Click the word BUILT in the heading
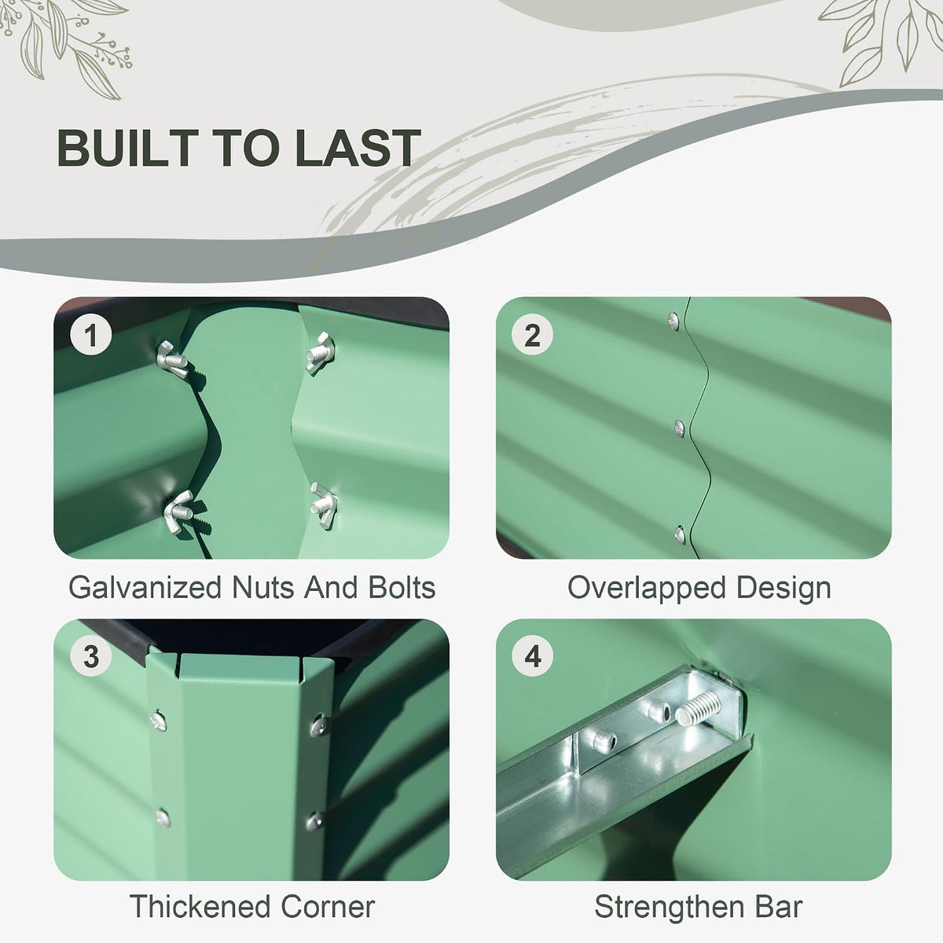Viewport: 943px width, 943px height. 128,148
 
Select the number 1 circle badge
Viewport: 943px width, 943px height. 90,336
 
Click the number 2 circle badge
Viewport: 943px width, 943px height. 533,336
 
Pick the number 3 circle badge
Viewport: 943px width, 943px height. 90,656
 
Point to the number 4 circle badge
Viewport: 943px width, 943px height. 533,656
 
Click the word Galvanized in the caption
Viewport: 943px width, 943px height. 145,587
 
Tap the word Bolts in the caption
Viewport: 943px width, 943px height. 402,587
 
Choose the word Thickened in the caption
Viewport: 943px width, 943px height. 199,906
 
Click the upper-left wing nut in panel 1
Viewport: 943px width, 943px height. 172,360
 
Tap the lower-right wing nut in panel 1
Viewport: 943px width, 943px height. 324,505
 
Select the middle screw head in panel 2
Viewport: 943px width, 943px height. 679,428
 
